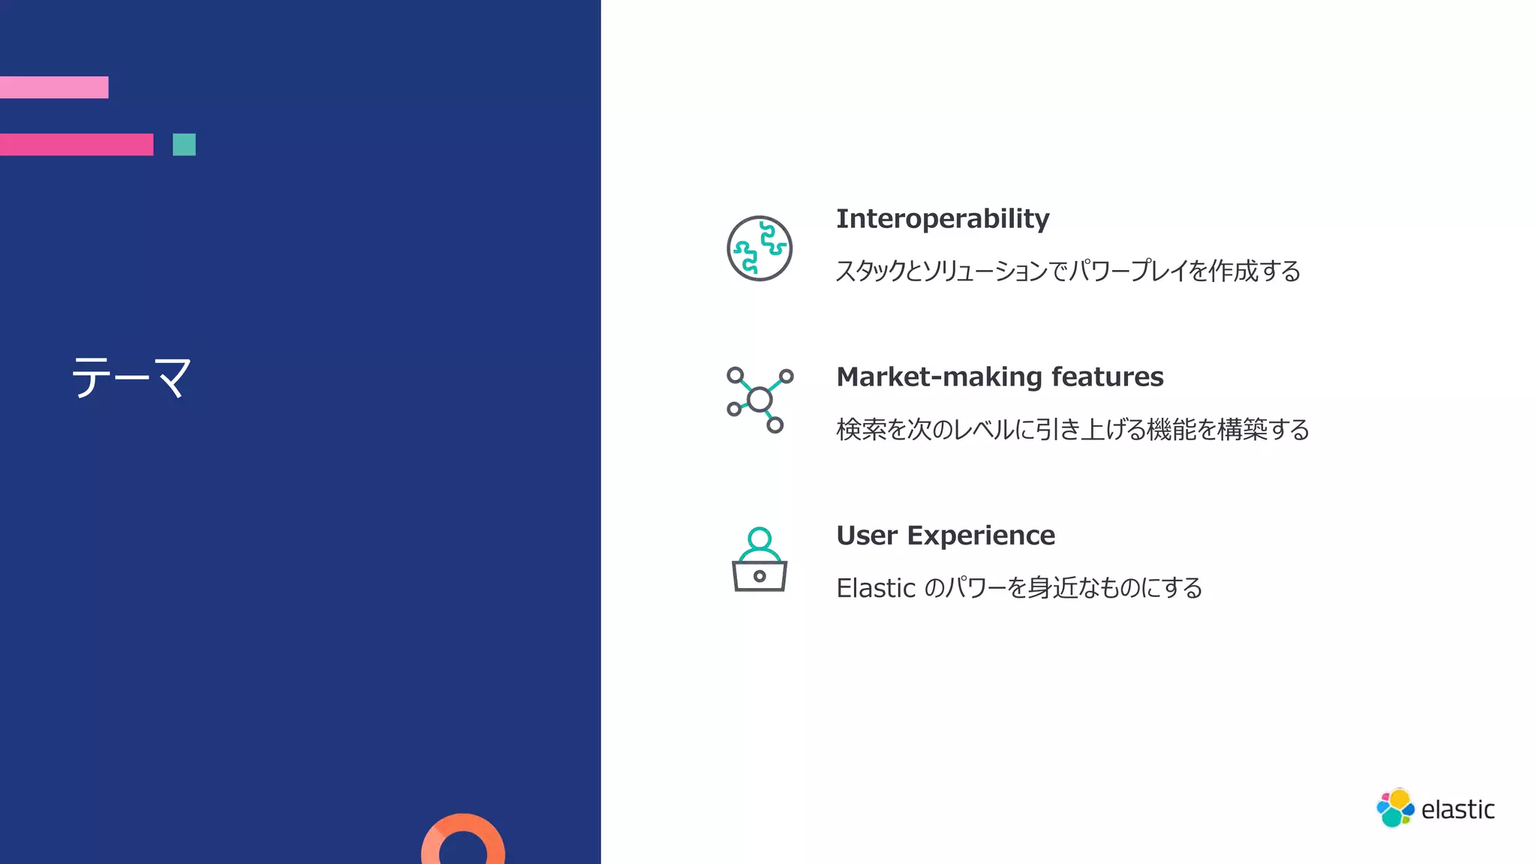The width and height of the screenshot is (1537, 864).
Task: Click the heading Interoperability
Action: (943, 219)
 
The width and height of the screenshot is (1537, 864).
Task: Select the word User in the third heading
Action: (867, 535)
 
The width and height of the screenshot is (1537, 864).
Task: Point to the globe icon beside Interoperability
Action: (759, 248)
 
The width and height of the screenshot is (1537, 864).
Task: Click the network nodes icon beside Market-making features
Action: (759, 400)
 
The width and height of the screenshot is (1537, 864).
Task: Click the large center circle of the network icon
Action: (759, 400)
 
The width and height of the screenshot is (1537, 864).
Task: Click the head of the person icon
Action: (759, 538)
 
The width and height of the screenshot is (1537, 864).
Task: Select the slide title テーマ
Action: (131, 377)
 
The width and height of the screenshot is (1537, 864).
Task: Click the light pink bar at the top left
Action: (54, 87)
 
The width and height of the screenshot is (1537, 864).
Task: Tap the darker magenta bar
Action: (77, 144)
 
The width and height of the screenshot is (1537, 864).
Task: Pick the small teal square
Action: (184, 144)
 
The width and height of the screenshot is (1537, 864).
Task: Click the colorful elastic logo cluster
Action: (1395, 808)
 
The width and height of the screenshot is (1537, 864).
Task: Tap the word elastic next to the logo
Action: (1457, 810)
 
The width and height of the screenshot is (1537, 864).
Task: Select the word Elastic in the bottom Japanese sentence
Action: (876, 588)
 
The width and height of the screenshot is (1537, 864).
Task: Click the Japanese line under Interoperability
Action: (1068, 271)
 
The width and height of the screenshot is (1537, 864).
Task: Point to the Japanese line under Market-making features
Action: (1072, 430)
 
